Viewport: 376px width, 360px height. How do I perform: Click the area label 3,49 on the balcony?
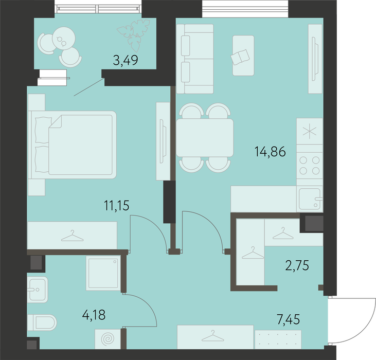click(126, 60)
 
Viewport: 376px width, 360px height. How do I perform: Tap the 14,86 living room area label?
click(270, 152)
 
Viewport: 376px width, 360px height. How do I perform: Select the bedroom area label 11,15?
click(117, 206)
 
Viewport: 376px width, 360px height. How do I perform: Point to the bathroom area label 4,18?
click(94, 315)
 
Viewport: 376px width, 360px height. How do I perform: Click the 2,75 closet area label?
click(297, 265)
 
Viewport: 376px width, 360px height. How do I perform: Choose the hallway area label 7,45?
click(288, 319)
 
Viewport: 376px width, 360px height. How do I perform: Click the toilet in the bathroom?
click(42, 322)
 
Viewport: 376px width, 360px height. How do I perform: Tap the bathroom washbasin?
click(38, 290)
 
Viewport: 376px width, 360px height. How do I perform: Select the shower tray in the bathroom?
click(103, 273)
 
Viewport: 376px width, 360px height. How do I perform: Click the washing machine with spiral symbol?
click(108, 339)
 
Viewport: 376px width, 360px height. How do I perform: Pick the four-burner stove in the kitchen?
click(310, 165)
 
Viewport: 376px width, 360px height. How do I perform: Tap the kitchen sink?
click(310, 199)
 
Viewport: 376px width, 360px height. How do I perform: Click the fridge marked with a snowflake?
click(310, 131)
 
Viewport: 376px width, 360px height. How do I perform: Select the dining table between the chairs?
click(205, 138)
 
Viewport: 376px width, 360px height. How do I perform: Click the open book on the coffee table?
click(240, 57)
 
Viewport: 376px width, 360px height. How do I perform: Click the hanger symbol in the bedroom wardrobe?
click(73, 236)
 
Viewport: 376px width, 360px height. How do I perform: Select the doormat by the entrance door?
click(278, 339)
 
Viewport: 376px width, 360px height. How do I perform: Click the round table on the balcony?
click(64, 38)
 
